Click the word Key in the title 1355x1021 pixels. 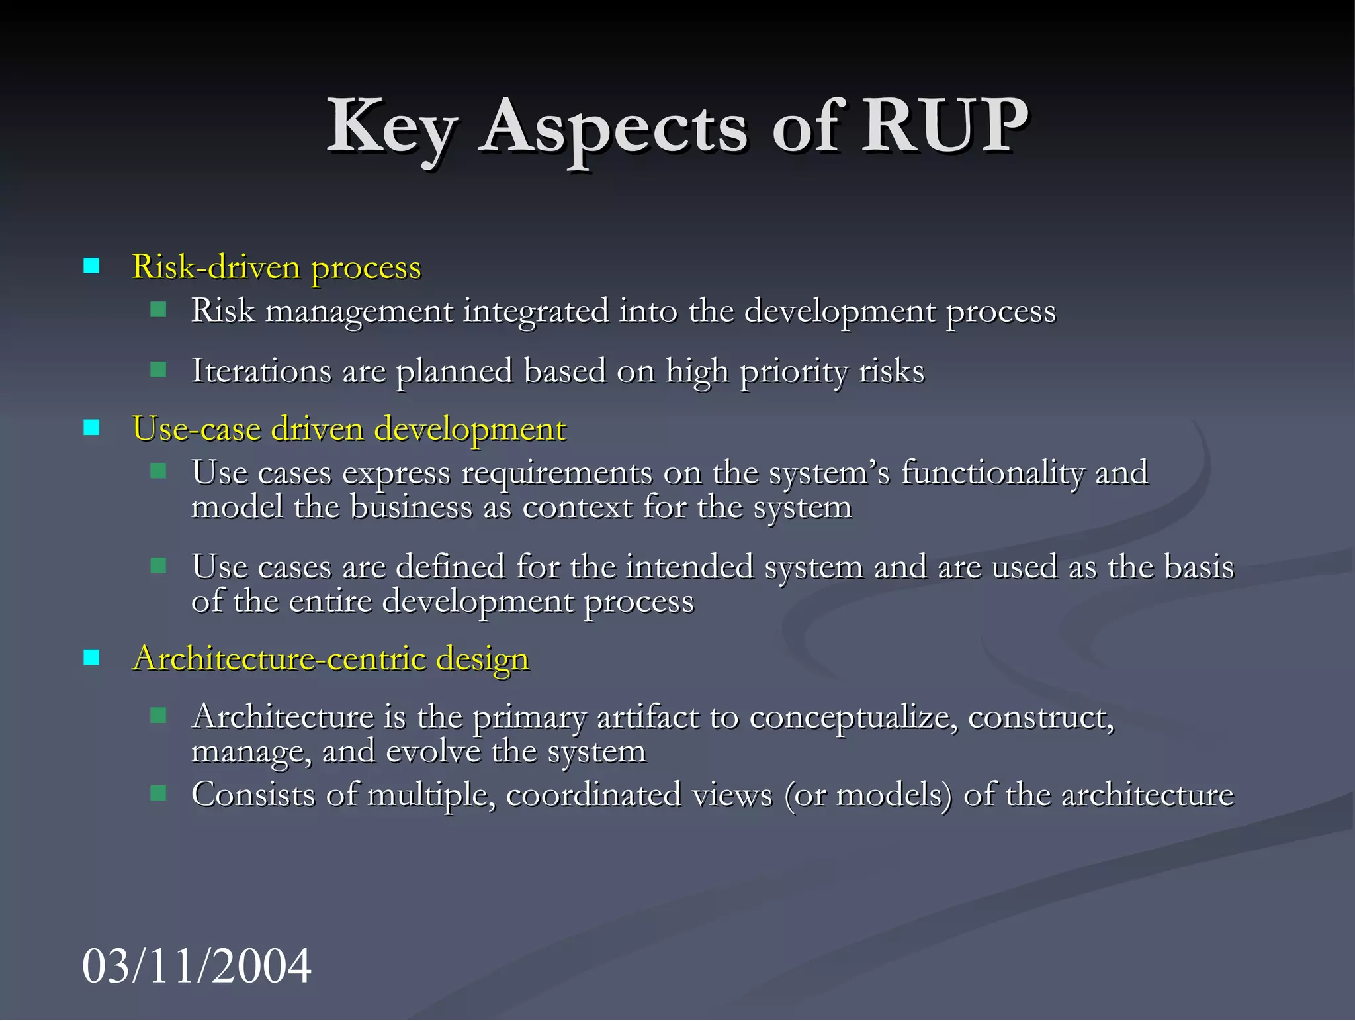point(391,127)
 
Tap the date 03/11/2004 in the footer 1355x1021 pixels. point(197,965)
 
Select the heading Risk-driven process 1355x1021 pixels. point(277,267)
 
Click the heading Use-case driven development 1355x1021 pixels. point(349,429)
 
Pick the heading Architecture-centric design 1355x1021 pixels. point(331,659)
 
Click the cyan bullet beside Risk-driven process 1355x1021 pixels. point(91,266)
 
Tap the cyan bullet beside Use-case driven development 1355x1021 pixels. point(91,428)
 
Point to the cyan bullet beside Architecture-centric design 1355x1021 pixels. point(91,657)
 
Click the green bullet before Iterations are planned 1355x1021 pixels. point(158,369)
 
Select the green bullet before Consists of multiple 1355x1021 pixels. point(158,793)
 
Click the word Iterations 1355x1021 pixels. point(261,371)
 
